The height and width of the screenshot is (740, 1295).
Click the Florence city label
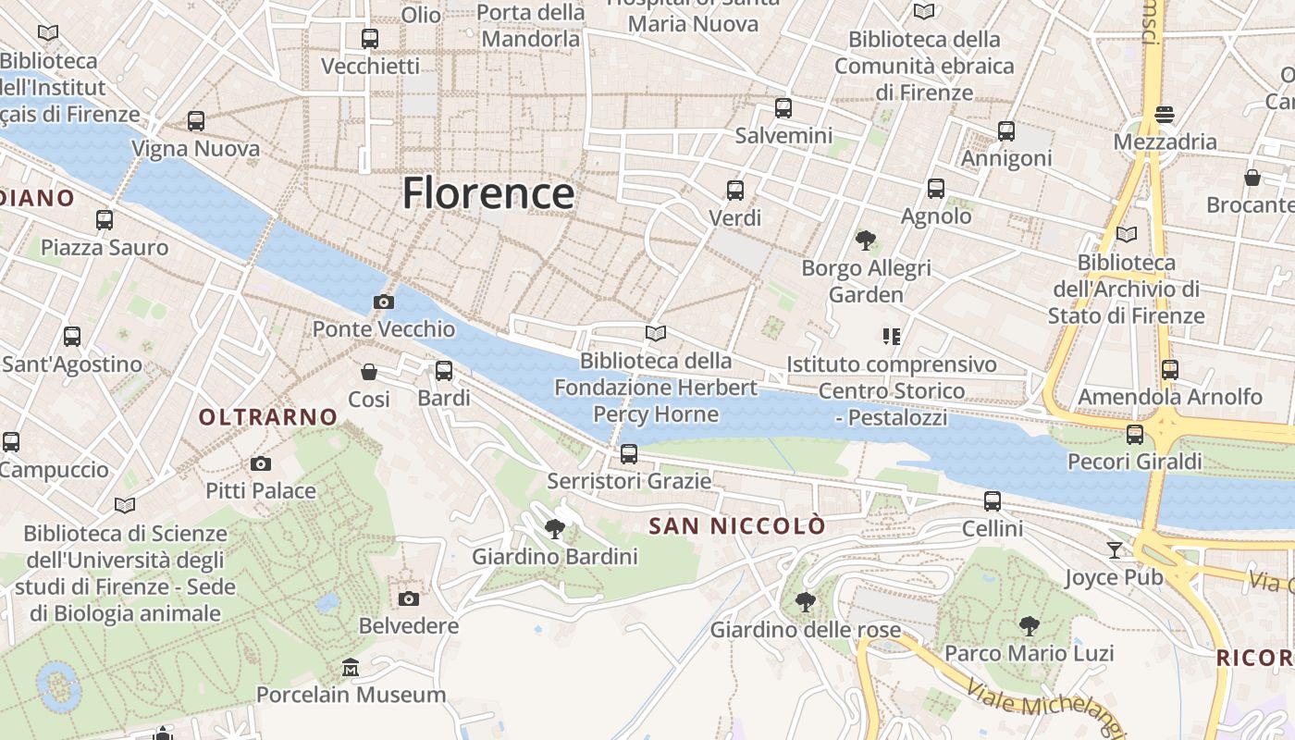[488, 193]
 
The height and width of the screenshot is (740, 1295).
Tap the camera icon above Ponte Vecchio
[383, 302]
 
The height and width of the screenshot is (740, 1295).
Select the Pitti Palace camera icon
[261, 463]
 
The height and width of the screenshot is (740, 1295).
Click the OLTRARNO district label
[268, 417]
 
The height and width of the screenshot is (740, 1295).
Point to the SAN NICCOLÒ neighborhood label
[737, 526]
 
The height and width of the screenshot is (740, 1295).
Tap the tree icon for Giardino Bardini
[555, 529]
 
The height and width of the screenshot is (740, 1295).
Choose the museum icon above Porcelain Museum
[351, 667]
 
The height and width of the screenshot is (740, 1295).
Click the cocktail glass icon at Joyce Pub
[1115, 550]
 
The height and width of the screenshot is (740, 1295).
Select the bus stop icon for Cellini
[993, 501]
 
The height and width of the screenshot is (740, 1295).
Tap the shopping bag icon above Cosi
[369, 372]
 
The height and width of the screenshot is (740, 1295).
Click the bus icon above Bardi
[444, 371]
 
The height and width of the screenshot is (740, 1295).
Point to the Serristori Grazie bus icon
[629, 453]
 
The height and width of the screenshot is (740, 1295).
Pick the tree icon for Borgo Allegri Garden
[866, 240]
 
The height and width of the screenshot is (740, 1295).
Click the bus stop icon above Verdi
[735, 191]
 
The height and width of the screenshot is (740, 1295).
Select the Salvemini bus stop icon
[783, 108]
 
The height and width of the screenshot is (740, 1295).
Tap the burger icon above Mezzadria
[1165, 115]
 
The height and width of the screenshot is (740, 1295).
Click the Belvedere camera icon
[409, 598]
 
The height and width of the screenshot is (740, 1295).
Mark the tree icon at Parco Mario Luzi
[1029, 626]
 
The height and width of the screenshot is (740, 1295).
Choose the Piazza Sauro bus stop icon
[105, 220]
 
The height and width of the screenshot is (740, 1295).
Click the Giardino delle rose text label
[805, 630]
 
